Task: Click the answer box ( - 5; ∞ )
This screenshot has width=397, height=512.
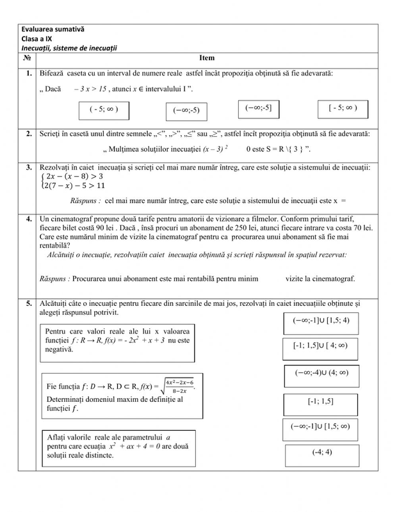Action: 104,109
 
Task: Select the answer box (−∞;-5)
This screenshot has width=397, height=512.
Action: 186,110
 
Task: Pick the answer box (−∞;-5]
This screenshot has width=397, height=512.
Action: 258,108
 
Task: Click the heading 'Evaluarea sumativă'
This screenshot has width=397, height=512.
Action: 53,29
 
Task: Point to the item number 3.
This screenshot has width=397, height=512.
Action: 29,167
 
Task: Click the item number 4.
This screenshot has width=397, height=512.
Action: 29,218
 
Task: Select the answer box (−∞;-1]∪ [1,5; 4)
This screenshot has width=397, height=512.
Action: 321,319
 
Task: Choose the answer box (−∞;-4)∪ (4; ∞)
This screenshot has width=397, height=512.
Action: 321,372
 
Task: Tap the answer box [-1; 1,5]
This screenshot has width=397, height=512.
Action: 321,401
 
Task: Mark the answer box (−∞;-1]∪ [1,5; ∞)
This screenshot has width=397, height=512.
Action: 321,426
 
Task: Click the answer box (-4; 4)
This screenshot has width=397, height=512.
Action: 321,453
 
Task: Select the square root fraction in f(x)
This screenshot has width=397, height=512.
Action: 177,387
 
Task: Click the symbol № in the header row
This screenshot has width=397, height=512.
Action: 28,58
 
